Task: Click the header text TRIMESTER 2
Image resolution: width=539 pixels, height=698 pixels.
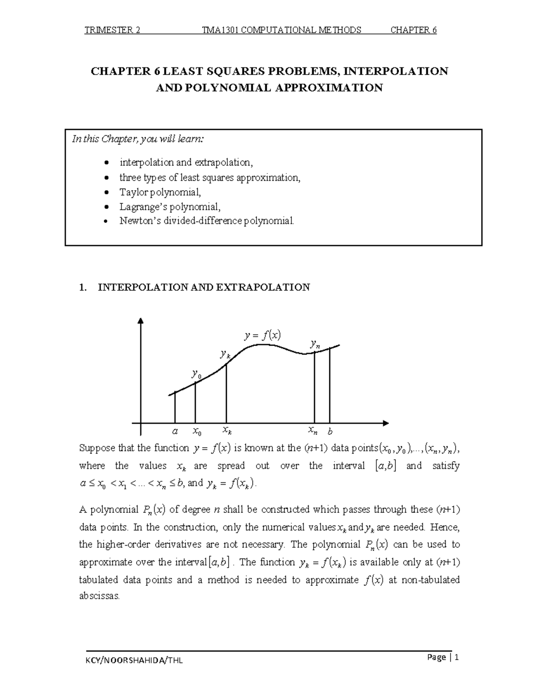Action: (x=112, y=30)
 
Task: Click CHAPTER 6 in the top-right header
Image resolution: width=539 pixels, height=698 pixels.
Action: (x=413, y=30)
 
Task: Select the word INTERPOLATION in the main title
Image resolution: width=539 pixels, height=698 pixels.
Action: (x=395, y=71)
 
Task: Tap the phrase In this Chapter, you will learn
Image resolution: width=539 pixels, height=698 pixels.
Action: (x=138, y=139)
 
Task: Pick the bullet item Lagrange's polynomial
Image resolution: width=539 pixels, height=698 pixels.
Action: (x=170, y=207)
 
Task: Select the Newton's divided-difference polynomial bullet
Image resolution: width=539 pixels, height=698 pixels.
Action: (x=207, y=221)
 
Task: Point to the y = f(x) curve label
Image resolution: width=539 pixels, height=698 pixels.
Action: (x=262, y=335)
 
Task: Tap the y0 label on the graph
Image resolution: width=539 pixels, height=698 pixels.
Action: (x=196, y=374)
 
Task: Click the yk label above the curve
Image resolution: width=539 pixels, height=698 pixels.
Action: (x=225, y=354)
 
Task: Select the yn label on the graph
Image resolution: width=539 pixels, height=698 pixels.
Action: (x=315, y=345)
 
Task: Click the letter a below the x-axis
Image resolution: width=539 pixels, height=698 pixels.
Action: (x=175, y=431)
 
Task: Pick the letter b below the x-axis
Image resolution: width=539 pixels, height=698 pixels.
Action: (x=330, y=432)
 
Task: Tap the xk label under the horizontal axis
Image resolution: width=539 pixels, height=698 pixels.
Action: (x=227, y=431)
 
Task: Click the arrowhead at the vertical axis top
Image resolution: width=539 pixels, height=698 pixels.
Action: (x=141, y=320)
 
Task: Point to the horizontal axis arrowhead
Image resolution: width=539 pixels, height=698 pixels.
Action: (x=385, y=423)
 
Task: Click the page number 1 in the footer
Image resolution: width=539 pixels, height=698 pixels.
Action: (x=457, y=658)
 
